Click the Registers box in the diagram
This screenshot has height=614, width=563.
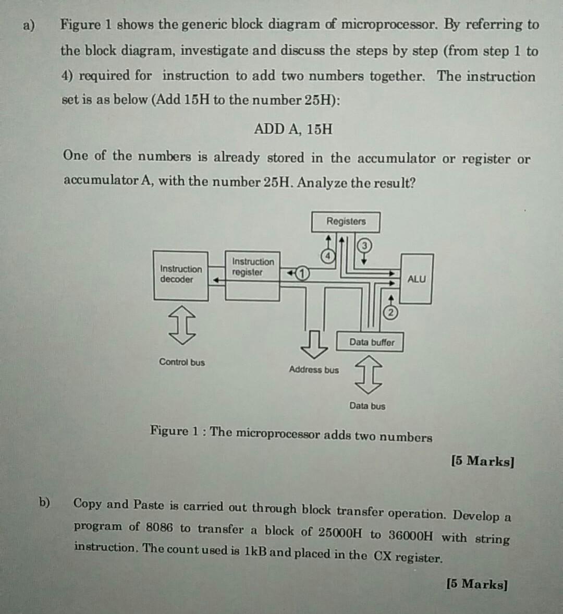click(x=346, y=222)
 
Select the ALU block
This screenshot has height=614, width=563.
click(x=416, y=279)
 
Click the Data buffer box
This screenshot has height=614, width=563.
click(x=371, y=342)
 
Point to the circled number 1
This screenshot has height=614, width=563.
click(x=302, y=273)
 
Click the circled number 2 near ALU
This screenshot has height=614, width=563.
click(x=391, y=312)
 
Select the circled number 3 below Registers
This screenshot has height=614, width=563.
click(x=364, y=245)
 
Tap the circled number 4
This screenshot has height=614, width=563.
click(x=328, y=256)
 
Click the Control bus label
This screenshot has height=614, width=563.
click(x=182, y=362)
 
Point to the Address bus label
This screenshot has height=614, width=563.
click(x=313, y=370)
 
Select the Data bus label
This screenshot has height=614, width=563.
click(x=368, y=406)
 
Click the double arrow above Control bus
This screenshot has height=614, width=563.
click(x=182, y=325)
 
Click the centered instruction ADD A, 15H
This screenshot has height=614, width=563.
click(x=293, y=129)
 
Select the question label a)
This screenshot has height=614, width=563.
click(x=29, y=25)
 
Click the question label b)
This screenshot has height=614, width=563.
click(x=45, y=502)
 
